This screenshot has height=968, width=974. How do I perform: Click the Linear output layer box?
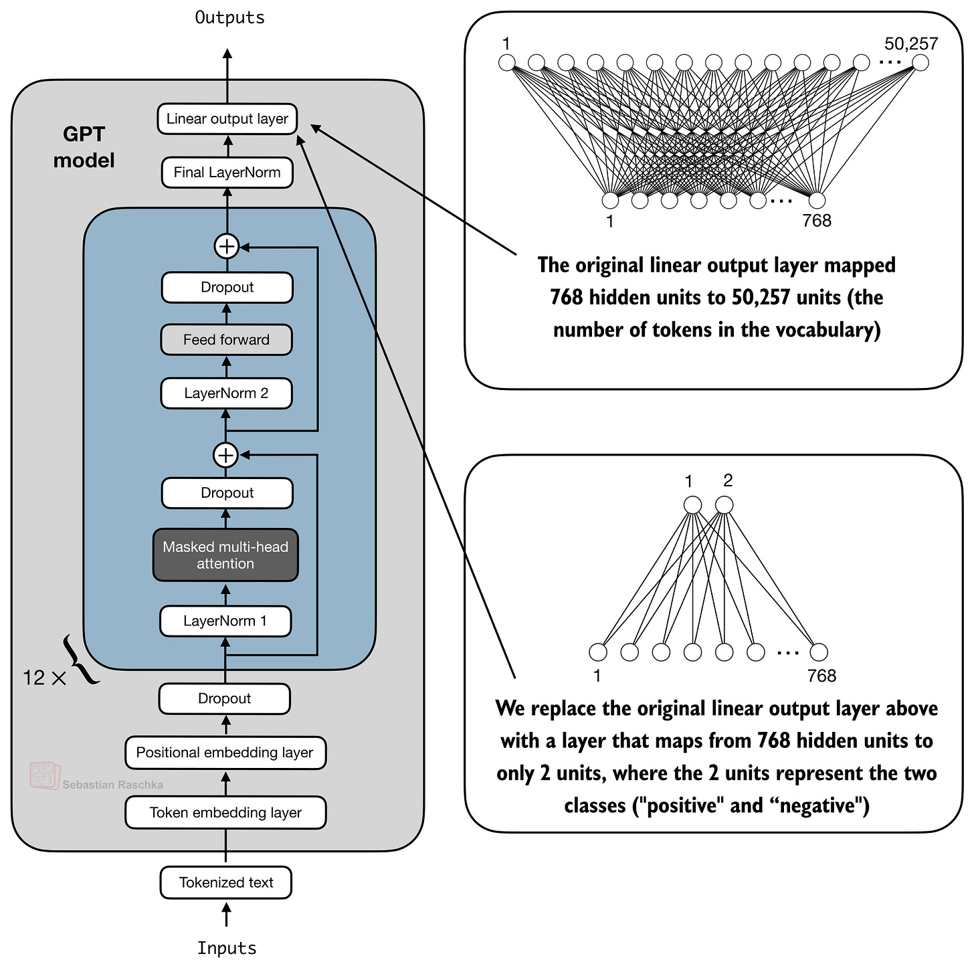227,119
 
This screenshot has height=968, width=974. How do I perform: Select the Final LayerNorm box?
227,173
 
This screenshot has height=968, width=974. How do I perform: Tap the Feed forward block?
226,340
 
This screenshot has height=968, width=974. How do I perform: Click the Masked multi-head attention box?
225,555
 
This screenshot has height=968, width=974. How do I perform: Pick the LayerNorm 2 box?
226,393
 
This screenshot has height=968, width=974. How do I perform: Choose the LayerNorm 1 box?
225,621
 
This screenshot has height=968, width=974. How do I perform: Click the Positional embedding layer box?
225,753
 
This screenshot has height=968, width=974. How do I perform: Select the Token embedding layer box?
225,813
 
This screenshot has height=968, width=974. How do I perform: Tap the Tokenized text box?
226,882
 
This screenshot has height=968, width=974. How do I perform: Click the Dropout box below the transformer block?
224,698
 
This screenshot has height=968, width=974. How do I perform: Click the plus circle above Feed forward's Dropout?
226,247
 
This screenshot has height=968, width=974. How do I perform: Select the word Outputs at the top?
229,17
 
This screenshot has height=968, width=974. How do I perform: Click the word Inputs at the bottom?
226,949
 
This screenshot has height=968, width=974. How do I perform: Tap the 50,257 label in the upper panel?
911,44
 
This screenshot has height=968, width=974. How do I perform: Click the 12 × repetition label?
44,678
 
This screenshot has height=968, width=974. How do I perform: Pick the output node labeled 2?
724,505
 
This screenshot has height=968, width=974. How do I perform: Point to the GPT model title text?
84,147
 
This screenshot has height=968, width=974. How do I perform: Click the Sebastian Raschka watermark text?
112,785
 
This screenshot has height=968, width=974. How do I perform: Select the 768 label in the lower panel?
821,676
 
